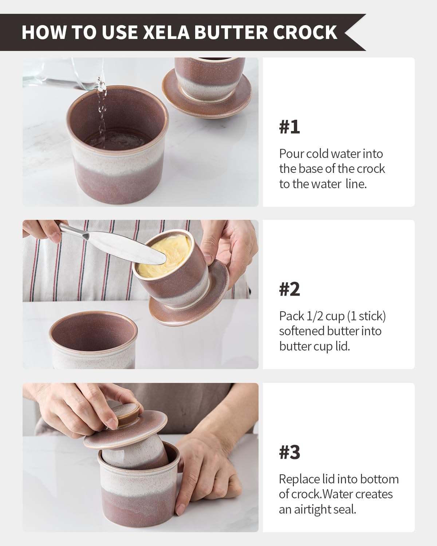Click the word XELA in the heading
pyautogui.click(x=167, y=32)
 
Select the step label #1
pyautogui.click(x=290, y=127)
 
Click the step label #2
pyautogui.click(x=290, y=289)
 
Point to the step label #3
pyautogui.click(x=290, y=452)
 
